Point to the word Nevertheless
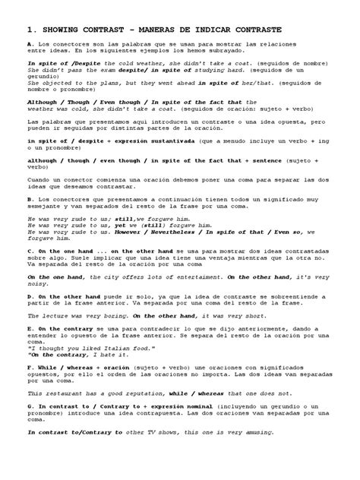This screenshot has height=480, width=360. click(x=180, y=234)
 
